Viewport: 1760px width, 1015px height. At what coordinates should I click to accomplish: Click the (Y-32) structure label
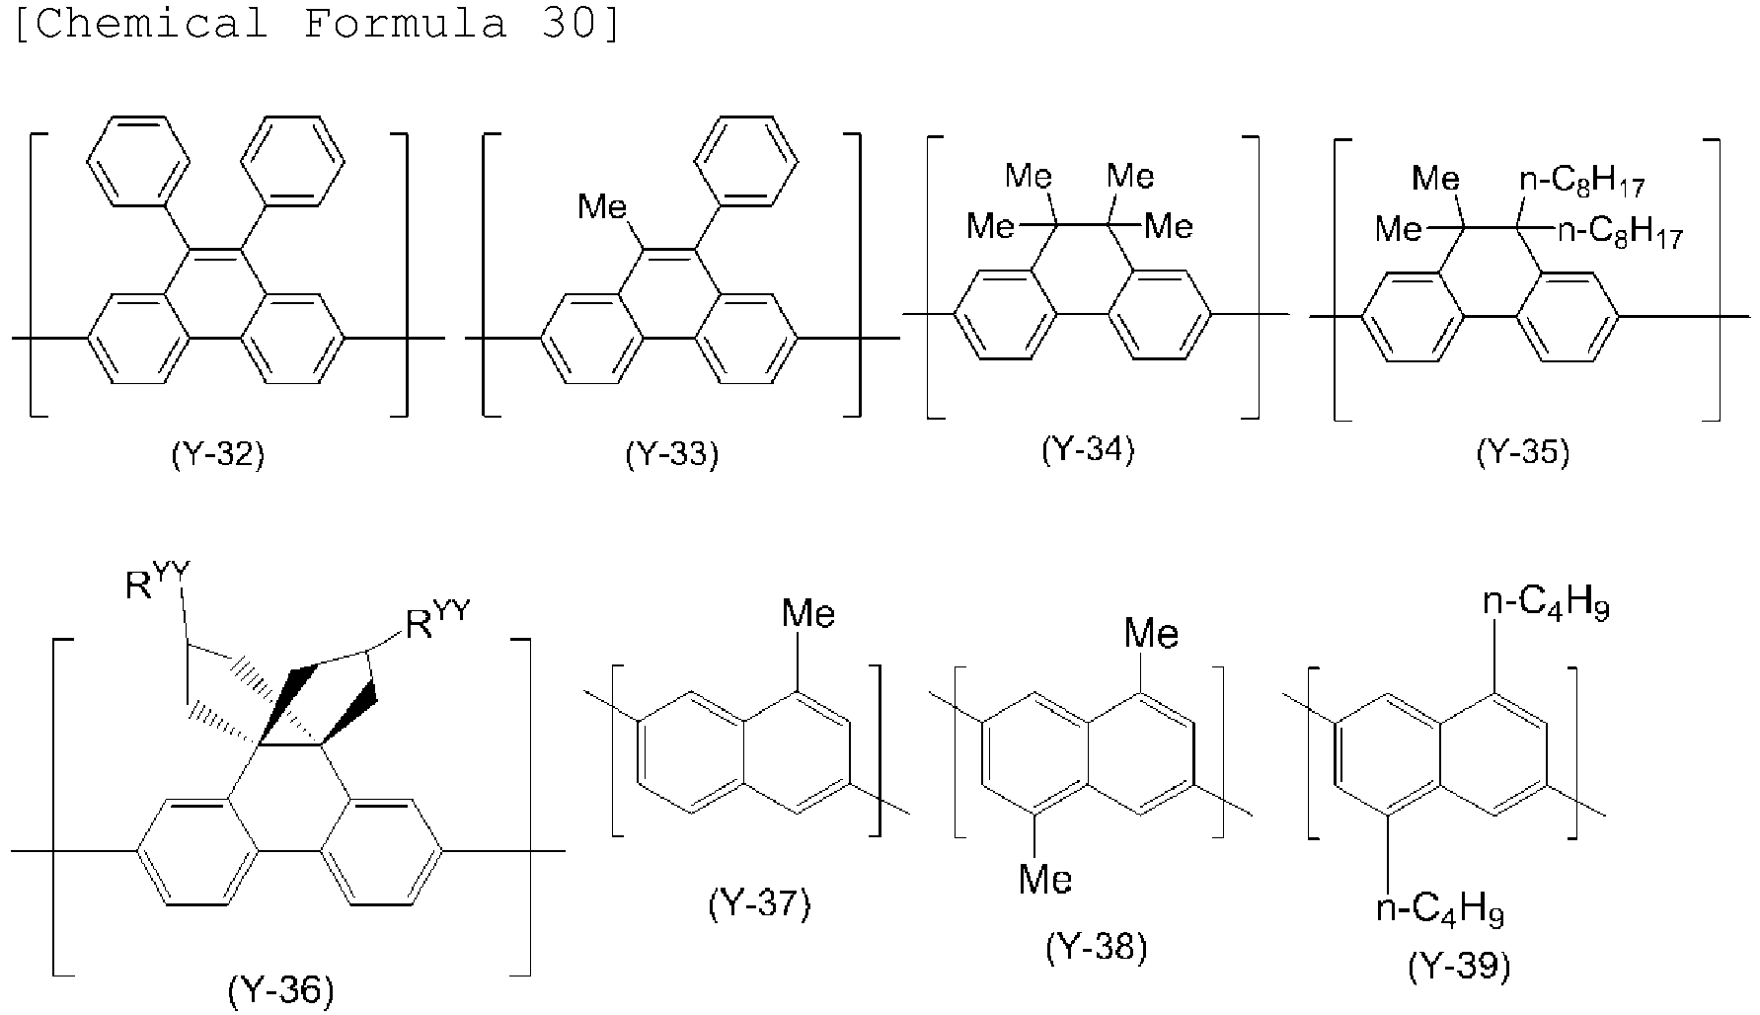click(x=218, y=455)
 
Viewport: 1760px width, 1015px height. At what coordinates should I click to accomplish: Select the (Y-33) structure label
click(x=672, y=455)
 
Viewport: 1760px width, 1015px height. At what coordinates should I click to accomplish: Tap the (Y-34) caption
click(x=1088, y=449)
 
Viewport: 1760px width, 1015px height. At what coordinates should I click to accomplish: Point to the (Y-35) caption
click(x=1522, y=452)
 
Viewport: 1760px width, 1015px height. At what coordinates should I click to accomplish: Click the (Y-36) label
click(x=281, y=989)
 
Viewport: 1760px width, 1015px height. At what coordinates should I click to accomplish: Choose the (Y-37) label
click(x=759, y=903)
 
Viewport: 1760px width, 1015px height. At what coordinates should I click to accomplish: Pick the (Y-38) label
click(x=1097, y=948)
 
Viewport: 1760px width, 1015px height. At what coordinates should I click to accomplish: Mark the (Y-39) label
click(x=1459, y=967)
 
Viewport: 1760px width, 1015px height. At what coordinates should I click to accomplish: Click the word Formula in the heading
click(x=405, y=22)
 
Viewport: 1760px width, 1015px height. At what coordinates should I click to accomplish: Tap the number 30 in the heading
click(x=571, y=22)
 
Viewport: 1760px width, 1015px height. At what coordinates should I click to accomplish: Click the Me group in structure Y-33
click(x=602, y=207)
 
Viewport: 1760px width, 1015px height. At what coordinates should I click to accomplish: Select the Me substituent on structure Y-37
click(x=808, y=614)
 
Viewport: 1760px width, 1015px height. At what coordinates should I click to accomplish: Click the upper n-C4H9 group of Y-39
click(x=1546, y=605)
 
